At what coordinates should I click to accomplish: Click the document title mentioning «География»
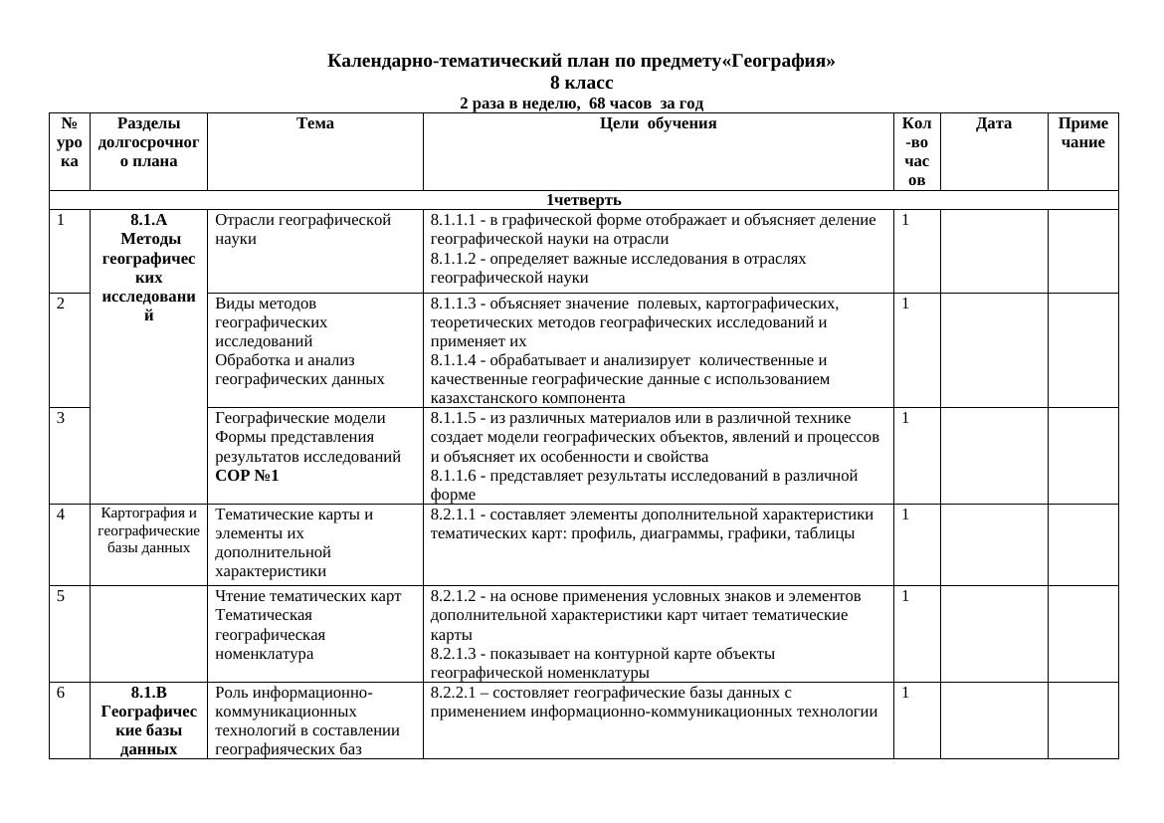coord(581,61)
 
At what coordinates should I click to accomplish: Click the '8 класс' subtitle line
coord(581,83)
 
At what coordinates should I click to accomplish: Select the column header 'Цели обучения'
coord(658,124)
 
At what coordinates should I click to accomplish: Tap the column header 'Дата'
coord(993,124)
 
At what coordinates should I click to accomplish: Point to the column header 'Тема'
coord(314,124)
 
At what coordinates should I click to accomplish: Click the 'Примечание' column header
coord(1082,133)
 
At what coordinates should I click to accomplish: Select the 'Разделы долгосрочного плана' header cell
coord(148,142)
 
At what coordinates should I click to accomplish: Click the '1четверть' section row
coord(583,200)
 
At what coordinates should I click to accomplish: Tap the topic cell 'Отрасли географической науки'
coord(302,229)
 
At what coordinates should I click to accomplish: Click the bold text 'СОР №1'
coord(247,476)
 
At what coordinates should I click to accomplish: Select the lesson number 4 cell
coord(62,515)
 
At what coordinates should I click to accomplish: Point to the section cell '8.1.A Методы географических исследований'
coord(148,269)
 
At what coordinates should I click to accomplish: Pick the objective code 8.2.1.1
coord(453,514)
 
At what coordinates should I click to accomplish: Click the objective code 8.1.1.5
coord(453,418)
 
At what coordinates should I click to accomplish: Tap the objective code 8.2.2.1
coord(453,693)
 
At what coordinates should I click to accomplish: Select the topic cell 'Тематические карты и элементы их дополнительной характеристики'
coord(294,542)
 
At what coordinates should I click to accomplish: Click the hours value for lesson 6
coord(906,693)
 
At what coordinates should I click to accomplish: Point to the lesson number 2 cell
coord(62,304)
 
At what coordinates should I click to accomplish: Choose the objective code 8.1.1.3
coord(453,304)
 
